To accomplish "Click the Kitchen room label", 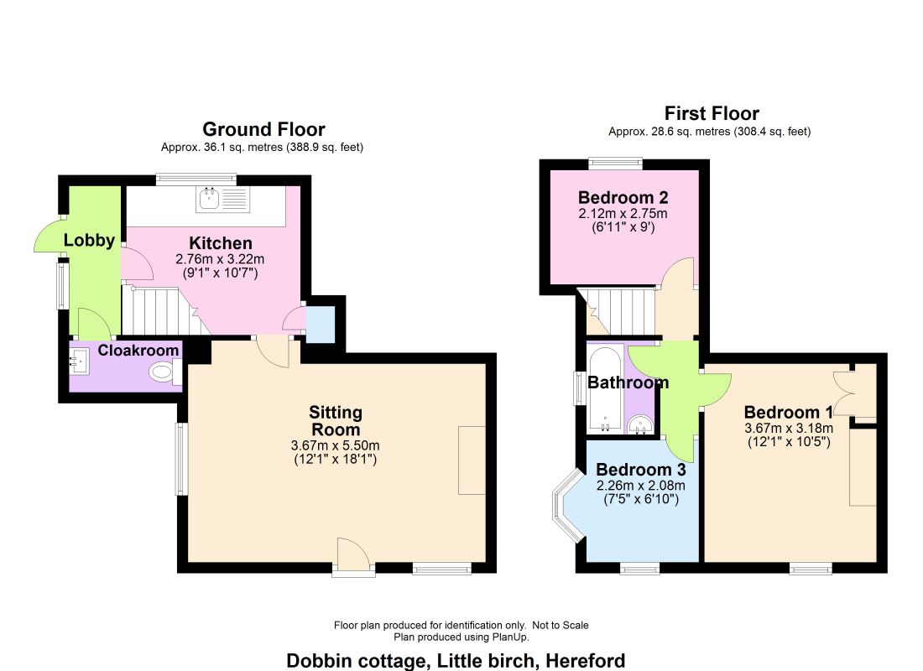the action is coord(221,243).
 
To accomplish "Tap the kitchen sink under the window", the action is coord(223,200).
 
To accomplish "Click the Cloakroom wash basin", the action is coord(79,360).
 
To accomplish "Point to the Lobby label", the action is coord(89,240).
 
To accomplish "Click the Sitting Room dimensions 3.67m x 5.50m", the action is coord(335,445).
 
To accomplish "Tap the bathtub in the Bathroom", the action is coord(605,390).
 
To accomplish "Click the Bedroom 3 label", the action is coord(640,470).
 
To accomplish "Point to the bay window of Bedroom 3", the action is coord(566,504).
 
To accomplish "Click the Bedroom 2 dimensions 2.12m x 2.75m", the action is coord(623,214).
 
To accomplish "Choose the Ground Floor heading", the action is coord(263,129).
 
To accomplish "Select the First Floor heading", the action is coord(712,112).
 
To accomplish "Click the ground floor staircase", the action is coord(159,310).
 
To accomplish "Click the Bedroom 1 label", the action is coord(788,412).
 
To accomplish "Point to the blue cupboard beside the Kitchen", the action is coord(321,325).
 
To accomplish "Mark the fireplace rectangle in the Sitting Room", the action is coord(472,460).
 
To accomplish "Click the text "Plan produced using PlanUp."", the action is coord(461,637).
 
